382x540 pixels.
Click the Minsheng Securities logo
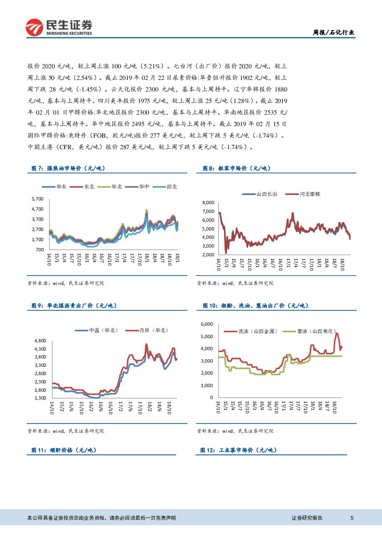(x=59, y=27)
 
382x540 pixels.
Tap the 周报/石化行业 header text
(x=333, y=32)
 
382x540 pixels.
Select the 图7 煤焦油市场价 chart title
(x=71, y=169)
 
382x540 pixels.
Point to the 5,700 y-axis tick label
(x=37, y=199)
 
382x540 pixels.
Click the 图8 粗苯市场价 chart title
(x=236, y=169)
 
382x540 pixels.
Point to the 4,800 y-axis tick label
(x=40, y=340)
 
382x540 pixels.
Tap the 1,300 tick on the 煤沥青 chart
(x=40, y=398)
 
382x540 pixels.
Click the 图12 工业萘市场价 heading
(x=238, y=450)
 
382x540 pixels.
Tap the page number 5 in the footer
(x=352, y=518)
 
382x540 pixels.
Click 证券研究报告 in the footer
(x=307, y=518)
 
